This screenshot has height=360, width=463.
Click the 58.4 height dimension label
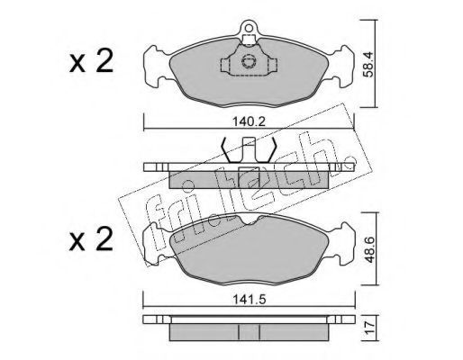coord(368,64)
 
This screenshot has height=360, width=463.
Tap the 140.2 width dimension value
coord(249,121)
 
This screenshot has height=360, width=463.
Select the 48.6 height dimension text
coord(368,249)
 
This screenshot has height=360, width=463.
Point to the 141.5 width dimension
coord(250,300)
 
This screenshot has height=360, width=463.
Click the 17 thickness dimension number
coord(369,328)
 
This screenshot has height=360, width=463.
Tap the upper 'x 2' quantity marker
coord(91,61)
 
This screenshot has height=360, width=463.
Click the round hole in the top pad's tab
coord(249,28)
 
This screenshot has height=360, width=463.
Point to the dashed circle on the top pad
coord(249,61)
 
